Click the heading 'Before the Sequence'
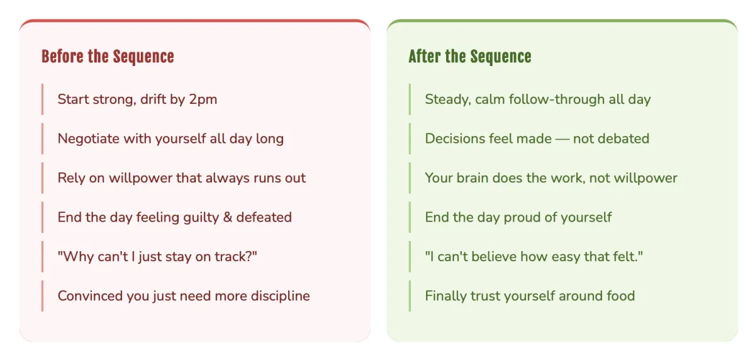(108, 56)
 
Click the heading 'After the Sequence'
(470, 56)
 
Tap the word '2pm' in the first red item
(203, 100)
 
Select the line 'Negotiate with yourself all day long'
(171, 139)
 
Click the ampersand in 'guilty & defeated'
(228, 217)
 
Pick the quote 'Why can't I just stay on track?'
(157, 257)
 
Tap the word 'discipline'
(280, 296)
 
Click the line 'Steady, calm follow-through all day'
(537, 99)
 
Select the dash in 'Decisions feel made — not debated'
(562, 139)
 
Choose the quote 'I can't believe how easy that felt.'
(534, 257)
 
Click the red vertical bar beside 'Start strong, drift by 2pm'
(43, 99)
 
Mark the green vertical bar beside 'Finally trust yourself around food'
(410, 296)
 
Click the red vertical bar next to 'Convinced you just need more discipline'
(43, 296)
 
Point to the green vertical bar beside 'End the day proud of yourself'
(410, 217)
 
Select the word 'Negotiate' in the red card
(89, 139)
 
